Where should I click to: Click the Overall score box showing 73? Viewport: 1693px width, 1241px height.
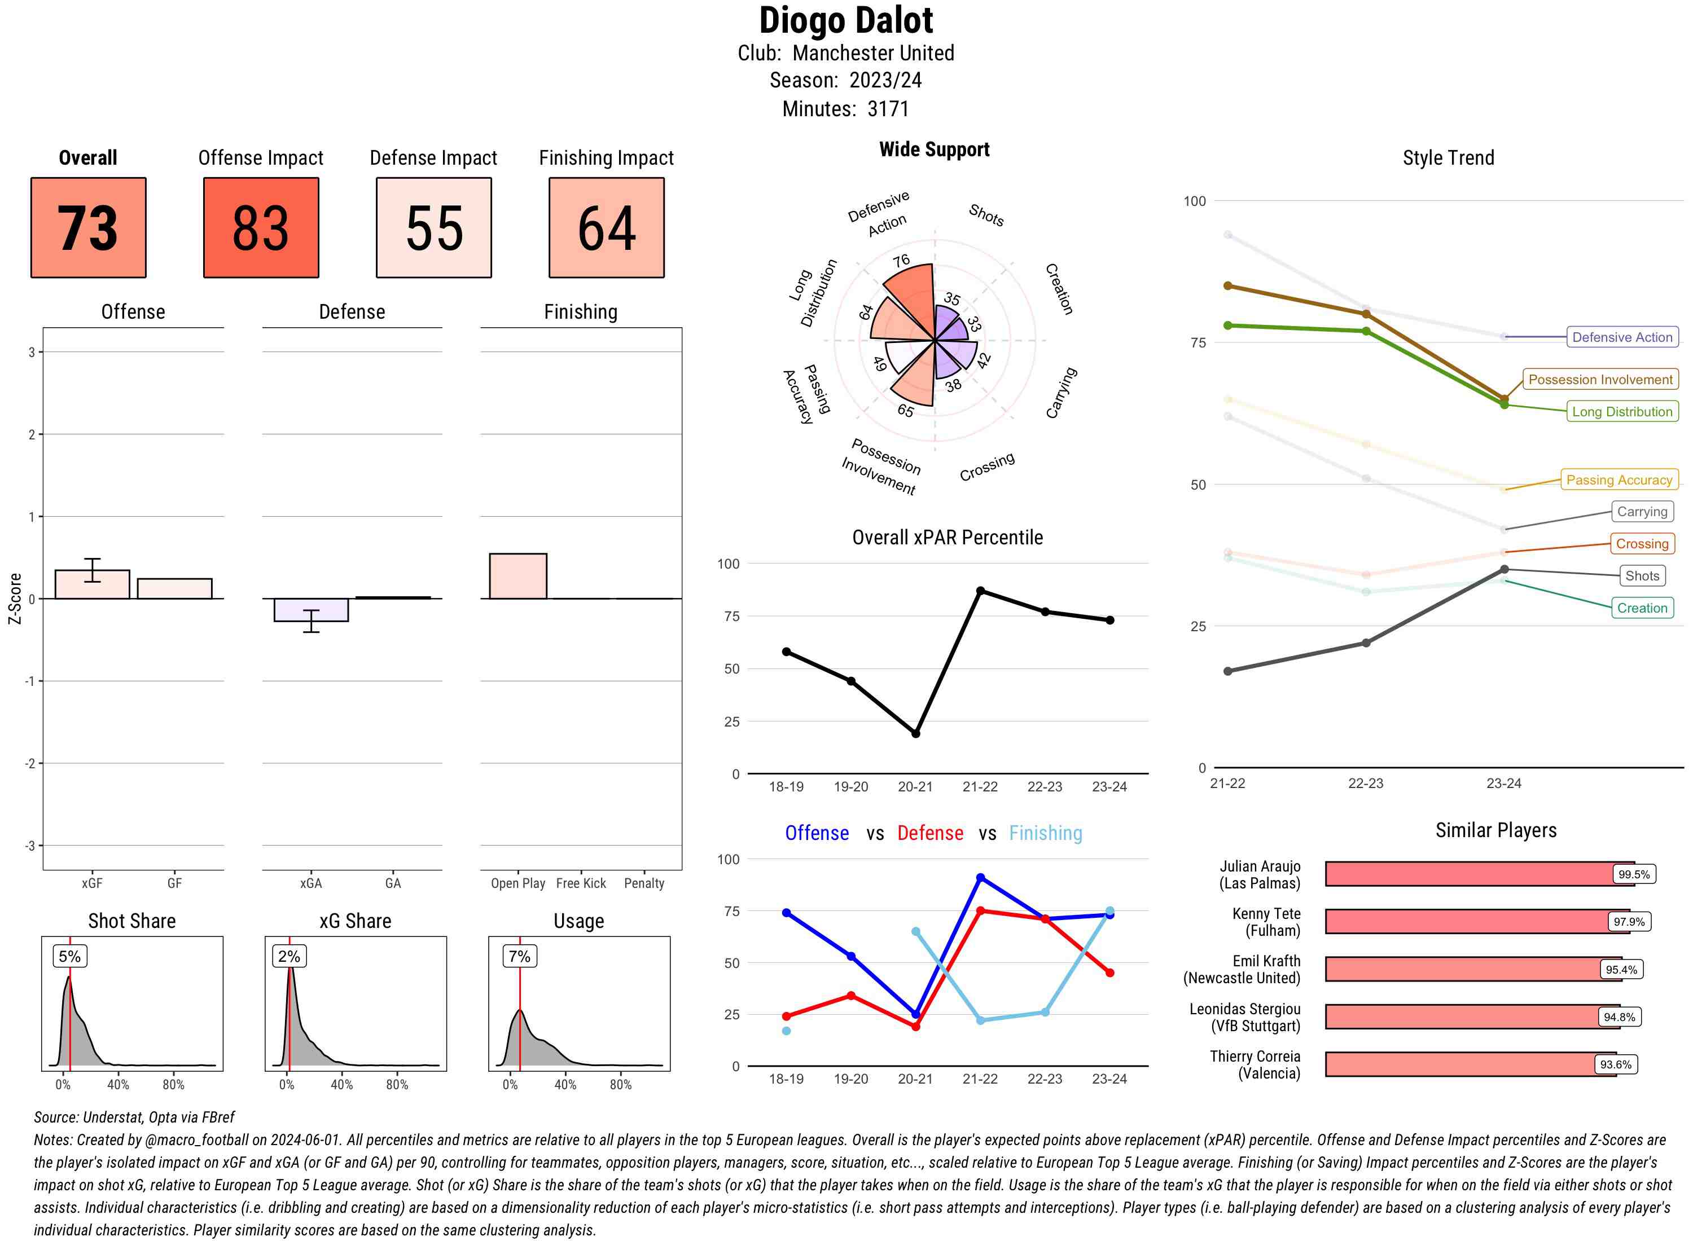88,228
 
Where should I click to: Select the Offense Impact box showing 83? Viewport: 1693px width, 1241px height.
261,228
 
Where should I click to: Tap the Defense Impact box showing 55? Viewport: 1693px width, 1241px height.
433,228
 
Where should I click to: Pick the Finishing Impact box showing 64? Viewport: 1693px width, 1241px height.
607,228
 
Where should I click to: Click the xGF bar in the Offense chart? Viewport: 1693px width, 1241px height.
93,584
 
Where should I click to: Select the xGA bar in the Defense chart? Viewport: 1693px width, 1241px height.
311,610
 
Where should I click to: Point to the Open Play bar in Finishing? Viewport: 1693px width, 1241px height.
517,576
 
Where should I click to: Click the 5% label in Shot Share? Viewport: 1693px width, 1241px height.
69,956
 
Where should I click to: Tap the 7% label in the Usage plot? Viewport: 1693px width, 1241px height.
519,956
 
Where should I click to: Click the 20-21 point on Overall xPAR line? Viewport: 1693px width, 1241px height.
915,733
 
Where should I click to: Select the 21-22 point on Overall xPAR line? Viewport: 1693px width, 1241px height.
980,591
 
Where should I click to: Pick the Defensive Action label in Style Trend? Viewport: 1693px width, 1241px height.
1622,337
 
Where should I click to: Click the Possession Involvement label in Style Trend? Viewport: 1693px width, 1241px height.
1600,380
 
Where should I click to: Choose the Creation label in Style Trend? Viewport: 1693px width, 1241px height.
1641,608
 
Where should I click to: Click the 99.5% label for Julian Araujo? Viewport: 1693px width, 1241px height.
1634,874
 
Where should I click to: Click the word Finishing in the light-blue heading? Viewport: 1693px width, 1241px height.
1045,833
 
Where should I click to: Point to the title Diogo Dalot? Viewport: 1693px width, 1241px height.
845,20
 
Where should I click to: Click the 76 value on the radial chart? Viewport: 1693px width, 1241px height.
901,261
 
